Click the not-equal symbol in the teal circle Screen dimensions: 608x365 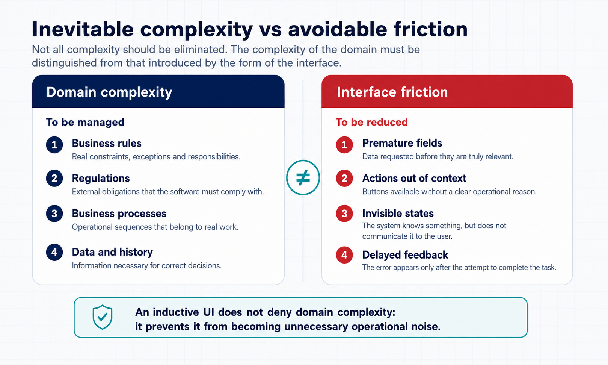[x=303, y=178]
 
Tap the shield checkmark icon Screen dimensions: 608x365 [x=102, y=317]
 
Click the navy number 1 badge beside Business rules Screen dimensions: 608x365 [x=54, y=145]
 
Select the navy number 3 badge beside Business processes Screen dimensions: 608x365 [x=54, y=214]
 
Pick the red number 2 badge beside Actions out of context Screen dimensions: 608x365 [x=344, y=178]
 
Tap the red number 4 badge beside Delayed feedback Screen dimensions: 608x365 [x=344, y=255]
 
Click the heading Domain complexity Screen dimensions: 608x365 [x=109, y=92]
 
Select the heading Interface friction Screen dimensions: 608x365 [x=392, y=92]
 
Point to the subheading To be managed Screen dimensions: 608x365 [x=85, y=122]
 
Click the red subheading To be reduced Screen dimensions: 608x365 [x=371, y=122]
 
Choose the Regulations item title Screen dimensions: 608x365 [x=101, y=178]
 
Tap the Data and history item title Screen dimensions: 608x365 [x=112, y=252]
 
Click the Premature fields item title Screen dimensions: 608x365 [x=402, y=143]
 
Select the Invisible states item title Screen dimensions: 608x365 [x=398, y=214]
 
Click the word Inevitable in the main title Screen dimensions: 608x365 [x=83, y=29]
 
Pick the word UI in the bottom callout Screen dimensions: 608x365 [x=208, y=312]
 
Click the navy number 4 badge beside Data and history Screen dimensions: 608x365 [x=54, y=252]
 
